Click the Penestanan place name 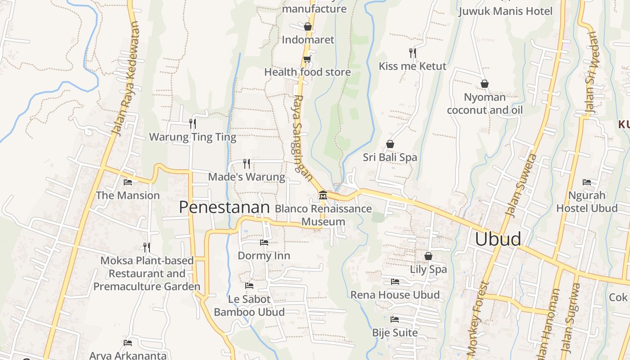click(224, 207)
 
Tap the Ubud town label click(498, 239)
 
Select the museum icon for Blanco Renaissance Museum click(323, 195)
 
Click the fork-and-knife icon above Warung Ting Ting click(193, 123)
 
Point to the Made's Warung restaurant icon click(247, 163)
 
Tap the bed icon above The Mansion click(128, 182)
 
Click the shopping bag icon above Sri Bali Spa click(390, 144)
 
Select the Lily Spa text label click(428, 269)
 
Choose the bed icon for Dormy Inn click(264, 243)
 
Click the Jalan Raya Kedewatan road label click(126, 79)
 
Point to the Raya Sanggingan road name click(302, 137)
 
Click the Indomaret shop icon click(308, 27)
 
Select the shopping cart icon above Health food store click(307, 59)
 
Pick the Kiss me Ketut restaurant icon click(412, 53)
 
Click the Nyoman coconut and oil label click(485, 103)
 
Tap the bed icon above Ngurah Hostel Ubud click(587, 182)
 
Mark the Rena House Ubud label click(395, 295)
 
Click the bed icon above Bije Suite click(395, 319)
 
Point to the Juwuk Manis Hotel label click(505, 11)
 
